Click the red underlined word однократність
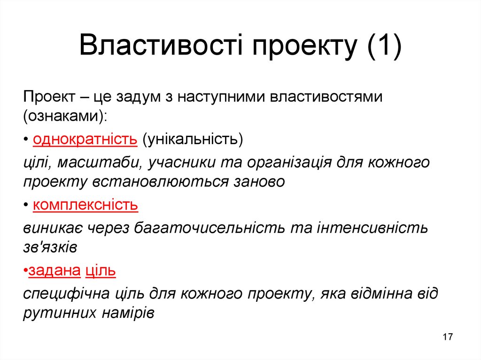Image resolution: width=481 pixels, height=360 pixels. [x=85, y=139]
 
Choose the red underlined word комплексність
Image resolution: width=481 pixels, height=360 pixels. [x=85, y=205]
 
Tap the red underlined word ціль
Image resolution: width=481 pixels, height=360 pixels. [x=101, y=271]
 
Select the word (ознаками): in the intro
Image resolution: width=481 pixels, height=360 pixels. [x=65, y=117]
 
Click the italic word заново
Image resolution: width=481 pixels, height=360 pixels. [x=259, y=182]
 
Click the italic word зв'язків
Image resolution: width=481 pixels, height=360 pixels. [x=50, y=247]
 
